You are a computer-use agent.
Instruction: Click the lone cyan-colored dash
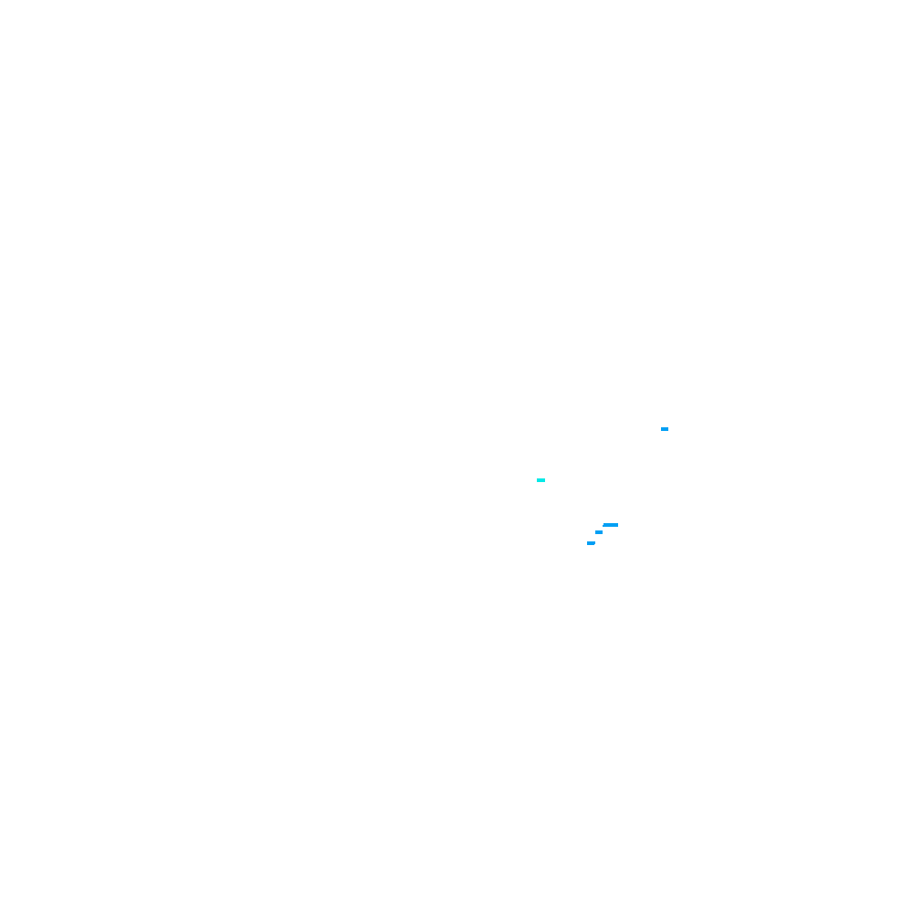coord(540,479)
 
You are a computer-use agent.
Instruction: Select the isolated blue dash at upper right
coord(665,428)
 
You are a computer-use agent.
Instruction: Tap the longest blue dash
coord(611,525)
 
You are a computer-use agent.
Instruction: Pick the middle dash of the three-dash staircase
coord(599,532)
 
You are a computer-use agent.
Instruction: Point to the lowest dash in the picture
coord(591,543)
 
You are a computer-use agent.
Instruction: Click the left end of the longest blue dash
coord(603,525)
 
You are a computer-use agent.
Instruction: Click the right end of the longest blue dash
coord(617,525)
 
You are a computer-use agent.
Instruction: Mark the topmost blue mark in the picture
coord(665,428)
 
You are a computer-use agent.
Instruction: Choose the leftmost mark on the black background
coord(540,479)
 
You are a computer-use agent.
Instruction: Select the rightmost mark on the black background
coord(665,428)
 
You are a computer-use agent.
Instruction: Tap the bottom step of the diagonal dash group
coord(591,543)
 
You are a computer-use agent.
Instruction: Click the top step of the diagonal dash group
coord(611,525)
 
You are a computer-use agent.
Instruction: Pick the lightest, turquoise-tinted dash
coord(540,479)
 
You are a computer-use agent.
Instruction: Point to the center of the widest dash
coord(611,525)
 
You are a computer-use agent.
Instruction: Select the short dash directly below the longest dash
coord(599,532)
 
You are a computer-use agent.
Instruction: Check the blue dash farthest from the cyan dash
coord(665,428)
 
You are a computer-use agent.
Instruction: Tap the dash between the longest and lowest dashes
coord(599,532)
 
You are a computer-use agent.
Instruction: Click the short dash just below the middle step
coord(591,543)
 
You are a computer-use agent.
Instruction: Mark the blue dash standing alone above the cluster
coord(665,428)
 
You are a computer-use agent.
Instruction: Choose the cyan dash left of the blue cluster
coord(540,479)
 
